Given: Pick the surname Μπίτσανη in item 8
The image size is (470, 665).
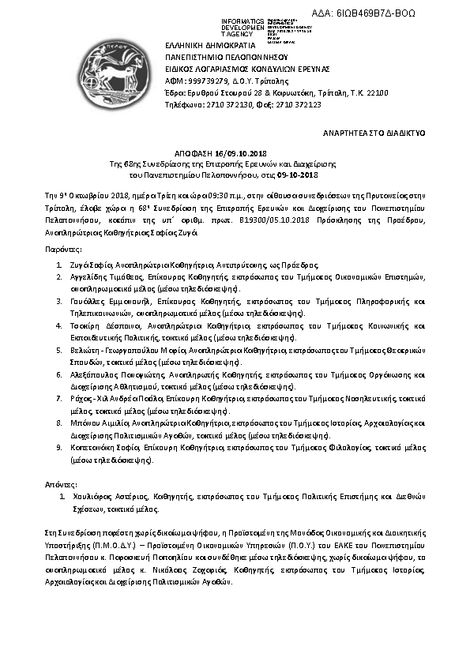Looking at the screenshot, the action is (x=88, y=423).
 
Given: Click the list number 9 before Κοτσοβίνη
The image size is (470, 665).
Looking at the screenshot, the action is (x=59, y=447).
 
